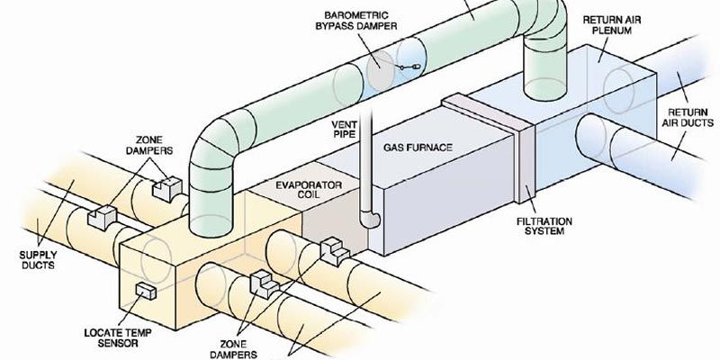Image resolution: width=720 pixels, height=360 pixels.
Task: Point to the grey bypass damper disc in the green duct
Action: (380, 67)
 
